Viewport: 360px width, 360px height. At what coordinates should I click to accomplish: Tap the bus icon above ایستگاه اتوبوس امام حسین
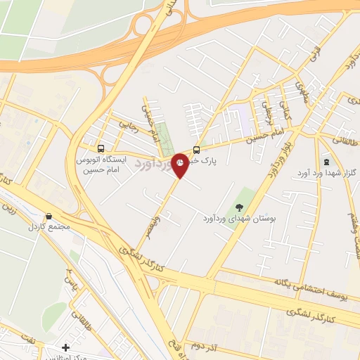[101, 148]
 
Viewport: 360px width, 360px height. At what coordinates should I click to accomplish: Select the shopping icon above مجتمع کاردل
[49, 217]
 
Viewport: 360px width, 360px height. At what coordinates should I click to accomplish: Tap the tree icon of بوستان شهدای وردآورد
[239, 207]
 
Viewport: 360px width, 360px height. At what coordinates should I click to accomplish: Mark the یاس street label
[68, 281]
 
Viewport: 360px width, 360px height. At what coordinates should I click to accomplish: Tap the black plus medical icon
[65, 347]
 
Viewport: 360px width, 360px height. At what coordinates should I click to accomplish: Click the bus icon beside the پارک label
[196, 149]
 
